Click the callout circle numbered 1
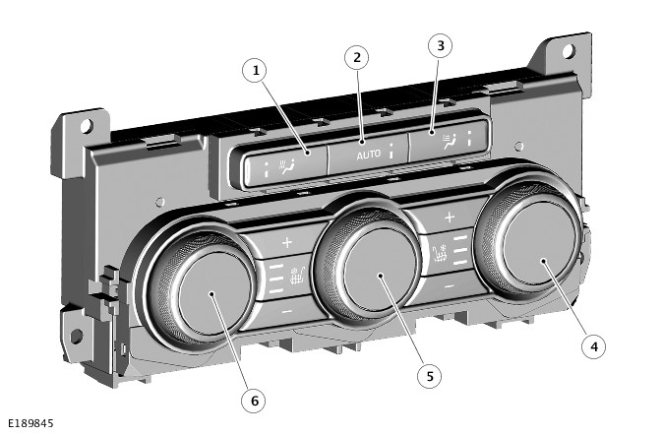pyautogui.click(x=256, y=70)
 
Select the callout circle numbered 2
pyautogui.click(x=357, y=56)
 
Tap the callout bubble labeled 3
pyautogui.click(x=440, y=45)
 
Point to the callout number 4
pyautogui.click(x=591, y=345)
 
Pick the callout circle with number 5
pyautogui.click(x=427, y=376)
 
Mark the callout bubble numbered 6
pyautogui.click(x=254, y=401)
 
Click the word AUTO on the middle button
pyautogui.click(x=368, y=155)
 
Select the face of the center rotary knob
pyautogui.click(x=383, y=280)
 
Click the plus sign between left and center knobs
pyautogui.click(x=287, y=241)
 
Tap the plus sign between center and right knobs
pyautogui.click(x=449, y=217)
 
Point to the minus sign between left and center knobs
pyautogui.click(x=287, y=311)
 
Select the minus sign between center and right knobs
pyautogui.click(x=449, y=285)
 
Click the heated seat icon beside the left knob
pyautogui.click(x=296, y=275)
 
